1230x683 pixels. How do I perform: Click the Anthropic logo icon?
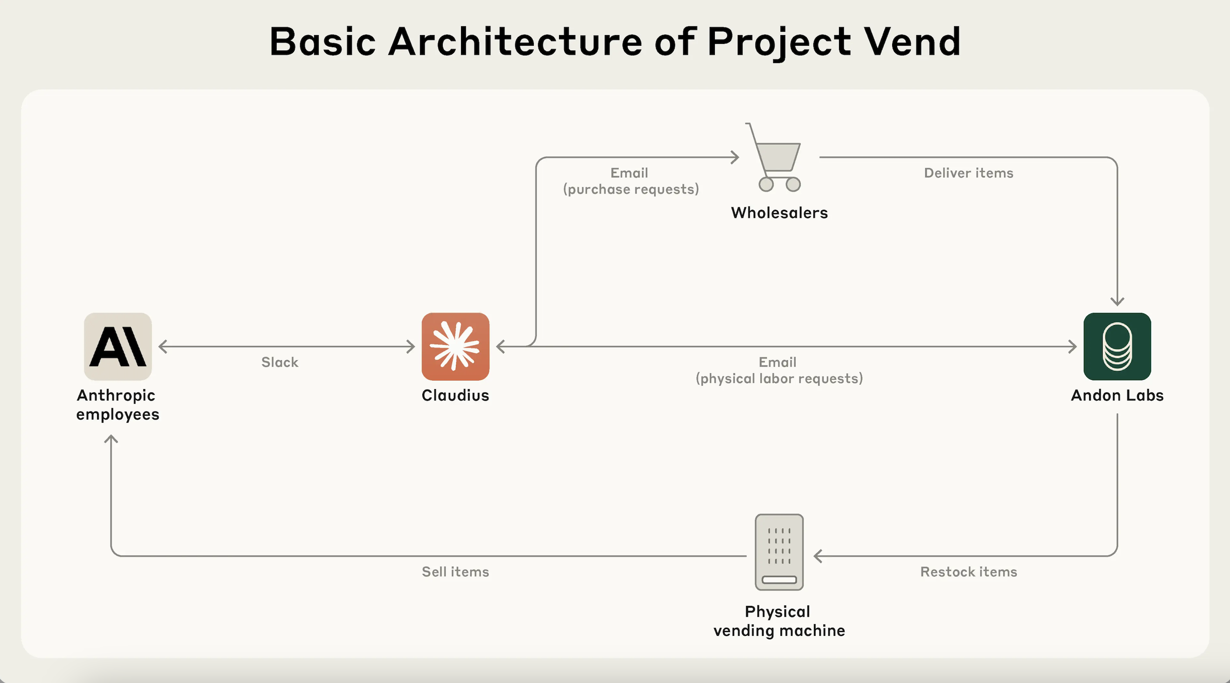118,347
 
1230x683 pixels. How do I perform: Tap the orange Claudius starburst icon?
455,347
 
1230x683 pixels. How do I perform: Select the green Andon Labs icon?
1117,347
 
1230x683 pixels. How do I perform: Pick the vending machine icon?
779,552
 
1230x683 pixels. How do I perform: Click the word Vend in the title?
912,42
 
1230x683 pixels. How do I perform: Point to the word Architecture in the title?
516,42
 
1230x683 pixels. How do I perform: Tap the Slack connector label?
280,363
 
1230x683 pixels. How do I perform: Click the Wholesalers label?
779,213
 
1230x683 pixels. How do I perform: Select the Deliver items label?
968,173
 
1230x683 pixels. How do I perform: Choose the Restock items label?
968,572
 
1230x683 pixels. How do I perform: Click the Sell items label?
455,572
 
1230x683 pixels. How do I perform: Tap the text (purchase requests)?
631,189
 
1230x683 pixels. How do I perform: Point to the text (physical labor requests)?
779,378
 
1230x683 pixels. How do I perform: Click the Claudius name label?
455,395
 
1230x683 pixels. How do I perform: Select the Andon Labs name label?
1117,395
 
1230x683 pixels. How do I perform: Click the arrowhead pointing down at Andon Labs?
1117,301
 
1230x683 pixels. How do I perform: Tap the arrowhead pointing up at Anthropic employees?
111,439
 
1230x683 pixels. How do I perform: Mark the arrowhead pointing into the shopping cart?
735,157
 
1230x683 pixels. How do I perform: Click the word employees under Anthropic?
118,414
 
